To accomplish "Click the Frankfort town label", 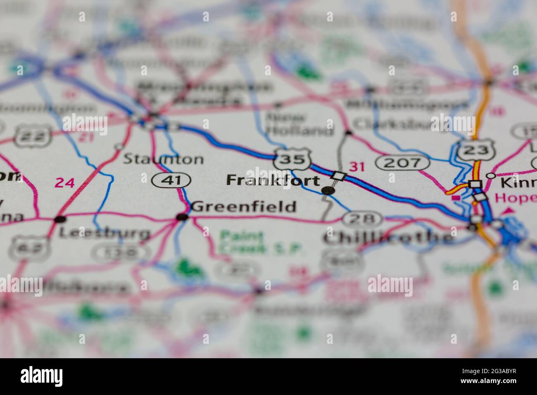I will [273, 181].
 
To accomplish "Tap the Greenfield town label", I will [244, 206].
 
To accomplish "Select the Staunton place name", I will [163, 159].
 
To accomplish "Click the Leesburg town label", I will [104, 233].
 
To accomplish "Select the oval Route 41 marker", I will [171, 180].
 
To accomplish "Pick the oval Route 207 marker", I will [398, 162].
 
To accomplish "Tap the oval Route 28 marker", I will [362, 219].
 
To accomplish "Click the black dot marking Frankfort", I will [328, 190].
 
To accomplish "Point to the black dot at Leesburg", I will [60, 219].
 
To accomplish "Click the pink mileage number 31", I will [357, 167].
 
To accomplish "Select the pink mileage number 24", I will [65, 182].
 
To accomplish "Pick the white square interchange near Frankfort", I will [339, 176].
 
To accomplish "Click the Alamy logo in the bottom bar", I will [42, 376].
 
